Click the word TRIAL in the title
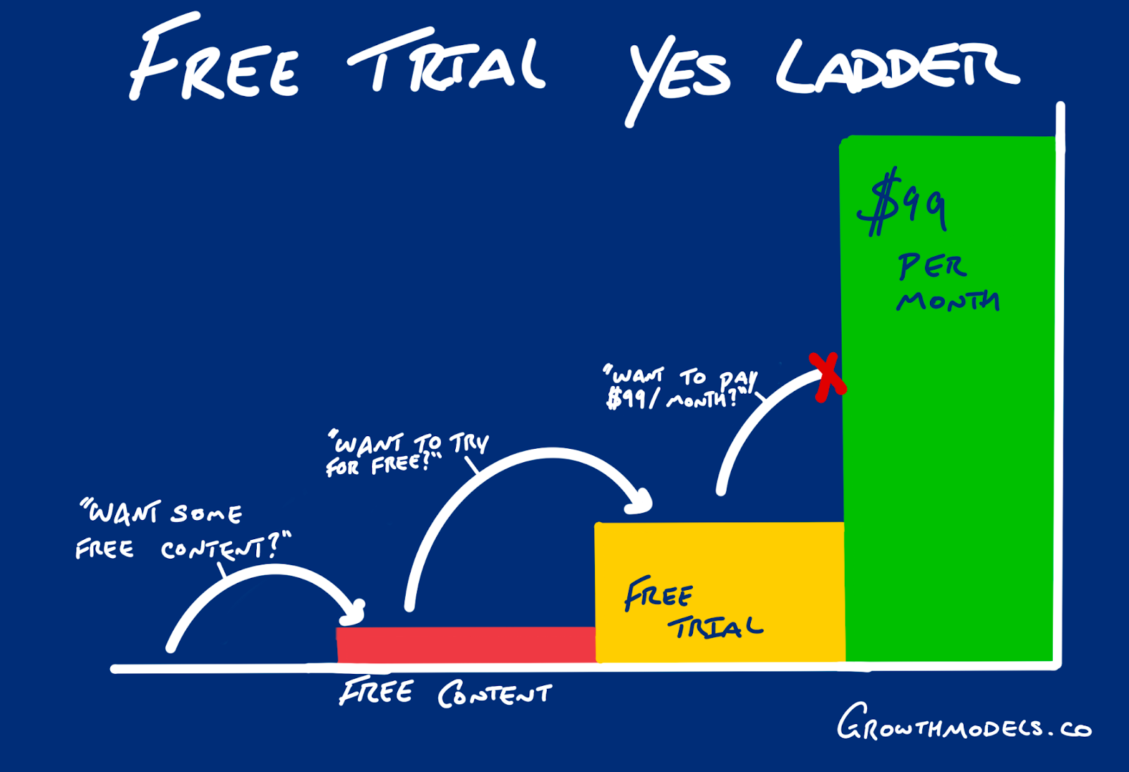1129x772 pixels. (x=446, y=64)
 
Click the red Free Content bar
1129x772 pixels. (x=466, y=644)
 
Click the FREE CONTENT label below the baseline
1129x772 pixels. (x=445, y=693)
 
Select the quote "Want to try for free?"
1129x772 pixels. (x=406, y=453)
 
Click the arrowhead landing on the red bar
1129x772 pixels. (x=353, y=614)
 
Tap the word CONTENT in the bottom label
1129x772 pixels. (x=494, y=694)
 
